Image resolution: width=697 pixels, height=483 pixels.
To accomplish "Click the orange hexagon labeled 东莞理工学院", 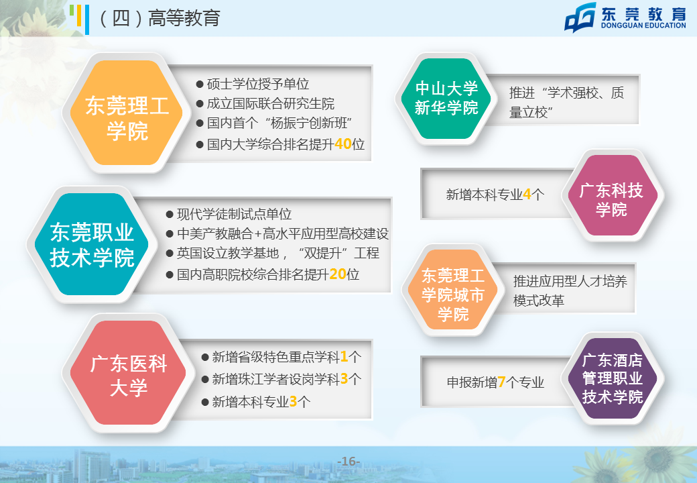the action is (x=127, y=113).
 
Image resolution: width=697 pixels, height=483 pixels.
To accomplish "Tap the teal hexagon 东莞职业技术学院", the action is (x=92, y=244).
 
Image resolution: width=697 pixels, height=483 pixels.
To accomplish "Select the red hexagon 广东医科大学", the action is (x=128, y=373).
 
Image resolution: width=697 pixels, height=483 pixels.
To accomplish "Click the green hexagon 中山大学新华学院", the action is (x=446, y=99).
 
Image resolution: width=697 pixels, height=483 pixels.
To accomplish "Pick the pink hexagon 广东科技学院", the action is (x=612, y=195).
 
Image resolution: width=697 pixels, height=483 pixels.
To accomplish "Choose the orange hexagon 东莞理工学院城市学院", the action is (x=453, y=290).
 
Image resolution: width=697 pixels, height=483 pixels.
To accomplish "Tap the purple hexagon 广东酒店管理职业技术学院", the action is (x=612, y=378).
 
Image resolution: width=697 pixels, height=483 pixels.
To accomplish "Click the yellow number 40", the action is (x=343, y=144).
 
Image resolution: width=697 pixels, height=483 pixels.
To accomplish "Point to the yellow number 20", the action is (x=338, y=274).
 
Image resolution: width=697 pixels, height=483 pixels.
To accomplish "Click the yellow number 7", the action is (x=501, y=382).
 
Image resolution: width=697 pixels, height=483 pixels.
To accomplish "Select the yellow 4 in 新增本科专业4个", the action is (x=527, y=195).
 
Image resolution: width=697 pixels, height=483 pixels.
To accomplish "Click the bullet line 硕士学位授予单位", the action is (x=253, y=84).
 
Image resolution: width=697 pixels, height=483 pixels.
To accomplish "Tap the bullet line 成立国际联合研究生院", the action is (x=265, y=103).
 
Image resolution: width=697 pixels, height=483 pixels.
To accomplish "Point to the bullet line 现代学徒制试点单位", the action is (x=229, y=215).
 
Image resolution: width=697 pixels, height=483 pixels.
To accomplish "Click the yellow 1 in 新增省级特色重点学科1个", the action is (x=344, y=357).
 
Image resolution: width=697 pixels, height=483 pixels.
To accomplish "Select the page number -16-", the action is (x=349, y=462).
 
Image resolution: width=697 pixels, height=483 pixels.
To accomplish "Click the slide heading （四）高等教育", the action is (x=159, y=18).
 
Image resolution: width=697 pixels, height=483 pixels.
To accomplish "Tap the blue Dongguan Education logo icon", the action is (x=580, y=18).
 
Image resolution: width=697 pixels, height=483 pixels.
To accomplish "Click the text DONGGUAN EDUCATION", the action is (x=643, y=25).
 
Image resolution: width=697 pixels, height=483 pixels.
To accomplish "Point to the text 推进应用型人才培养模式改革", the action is (x=570, y=291).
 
